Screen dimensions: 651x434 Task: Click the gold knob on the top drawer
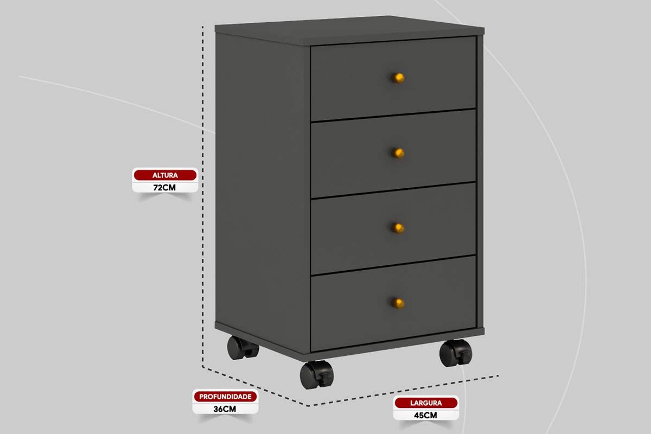[x=398, y=78]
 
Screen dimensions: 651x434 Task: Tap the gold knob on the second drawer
[x=398, y=153]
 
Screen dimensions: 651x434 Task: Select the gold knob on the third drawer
[x=398, y=228]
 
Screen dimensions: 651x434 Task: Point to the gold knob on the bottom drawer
[x=398, y=303]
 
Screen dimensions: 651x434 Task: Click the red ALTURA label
[x=165, y=175]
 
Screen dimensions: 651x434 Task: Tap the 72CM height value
[x=164, y=188]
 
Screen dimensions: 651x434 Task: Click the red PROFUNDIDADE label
[x=225, y=397]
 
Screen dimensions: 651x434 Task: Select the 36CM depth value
[x=225, y=409]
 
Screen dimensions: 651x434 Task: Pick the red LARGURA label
[x=426, y=403]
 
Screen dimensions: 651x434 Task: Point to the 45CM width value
[x=425, y=416]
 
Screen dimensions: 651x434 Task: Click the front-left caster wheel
[x=317, y=375]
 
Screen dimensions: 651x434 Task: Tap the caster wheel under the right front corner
[x=456, y=353]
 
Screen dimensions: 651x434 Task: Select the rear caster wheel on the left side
[x=242, y=348]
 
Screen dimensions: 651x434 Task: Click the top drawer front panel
[x=393, y=79]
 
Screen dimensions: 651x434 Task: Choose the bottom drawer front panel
[x=393, y=304]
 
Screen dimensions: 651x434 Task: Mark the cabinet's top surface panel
[x=349, y=30]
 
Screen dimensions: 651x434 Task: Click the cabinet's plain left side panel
[x=263, y=189]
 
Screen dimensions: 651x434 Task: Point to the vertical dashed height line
[x=203, y=197]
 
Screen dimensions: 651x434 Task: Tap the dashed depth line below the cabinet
[x=255, y=387]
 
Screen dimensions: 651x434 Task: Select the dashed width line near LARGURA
[x=404, y=391]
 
